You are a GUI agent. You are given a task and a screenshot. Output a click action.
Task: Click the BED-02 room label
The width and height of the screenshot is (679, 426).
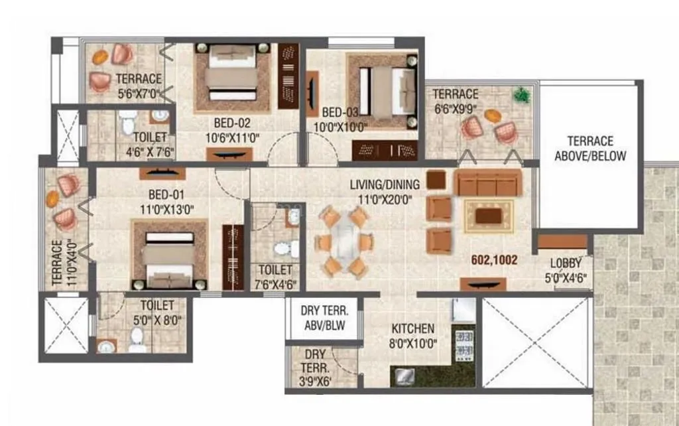point(232,123)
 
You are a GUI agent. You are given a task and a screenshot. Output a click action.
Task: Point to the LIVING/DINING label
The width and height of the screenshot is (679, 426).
point(385,184)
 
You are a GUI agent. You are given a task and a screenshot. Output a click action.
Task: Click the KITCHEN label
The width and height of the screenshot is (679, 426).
point(412,328)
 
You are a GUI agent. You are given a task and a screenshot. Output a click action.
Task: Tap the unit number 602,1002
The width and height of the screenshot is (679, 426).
point(494,261)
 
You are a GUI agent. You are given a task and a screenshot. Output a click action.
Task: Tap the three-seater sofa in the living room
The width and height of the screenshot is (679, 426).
point(487,182)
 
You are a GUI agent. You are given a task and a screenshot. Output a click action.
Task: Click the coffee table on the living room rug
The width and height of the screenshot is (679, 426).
point(489,216)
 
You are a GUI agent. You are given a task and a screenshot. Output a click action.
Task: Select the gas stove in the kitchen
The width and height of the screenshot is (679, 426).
point(463,343)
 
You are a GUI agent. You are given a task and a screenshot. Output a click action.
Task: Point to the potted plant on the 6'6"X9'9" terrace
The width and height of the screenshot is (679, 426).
point(523,95)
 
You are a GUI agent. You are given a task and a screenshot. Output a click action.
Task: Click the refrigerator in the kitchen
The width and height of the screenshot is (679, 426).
point(463,310)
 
